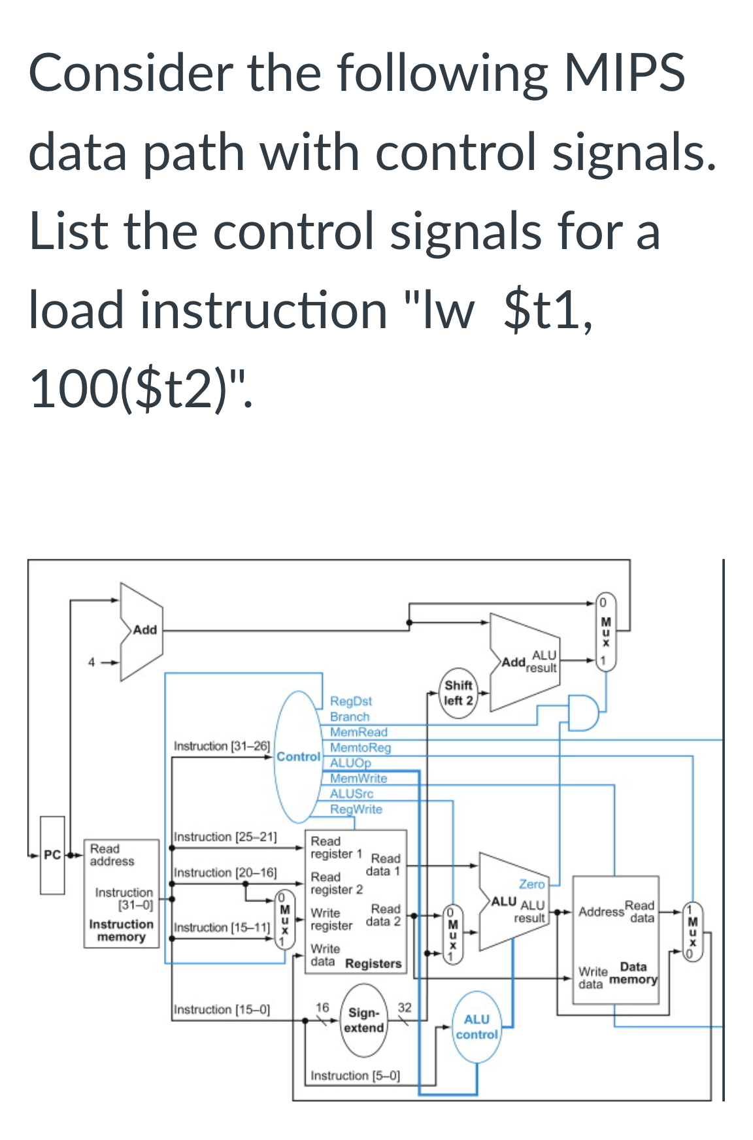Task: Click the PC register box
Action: point(52,854)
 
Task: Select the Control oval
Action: point(298,756)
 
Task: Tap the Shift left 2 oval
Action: point(458,693)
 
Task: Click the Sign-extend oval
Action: point(364,1020)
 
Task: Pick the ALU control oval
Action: point(477,1027)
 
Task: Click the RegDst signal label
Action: point(350,701)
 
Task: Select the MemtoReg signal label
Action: point(360,747)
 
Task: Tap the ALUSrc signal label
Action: point(352,794)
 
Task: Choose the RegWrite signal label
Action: point(356,809)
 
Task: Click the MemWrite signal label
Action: point(358,779)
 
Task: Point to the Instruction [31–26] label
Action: point(222,746)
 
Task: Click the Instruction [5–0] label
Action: point(355,1075)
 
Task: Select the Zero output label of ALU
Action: point(531,884)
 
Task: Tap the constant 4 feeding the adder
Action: point(92,662)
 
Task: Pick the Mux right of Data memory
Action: point(693,931)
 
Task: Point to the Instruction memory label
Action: point(121,930)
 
